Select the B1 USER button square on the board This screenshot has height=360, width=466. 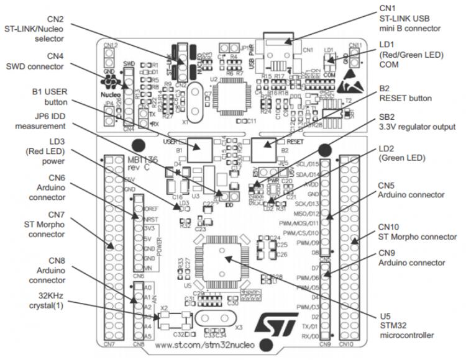(199, 146)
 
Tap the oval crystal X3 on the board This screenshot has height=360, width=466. (216, 319)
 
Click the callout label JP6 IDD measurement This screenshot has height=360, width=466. (42, 121)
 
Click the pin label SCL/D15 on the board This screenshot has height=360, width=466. (308, 164)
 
